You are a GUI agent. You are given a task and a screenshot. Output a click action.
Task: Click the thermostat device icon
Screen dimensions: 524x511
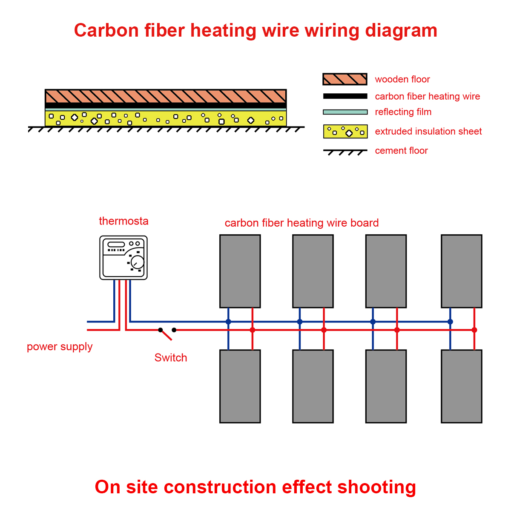click(x=123, y=258)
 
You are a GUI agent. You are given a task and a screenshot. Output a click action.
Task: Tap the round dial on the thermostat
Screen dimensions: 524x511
click(x=137, y=262)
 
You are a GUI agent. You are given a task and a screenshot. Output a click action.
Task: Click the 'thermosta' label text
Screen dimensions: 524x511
click(x=123, y=221)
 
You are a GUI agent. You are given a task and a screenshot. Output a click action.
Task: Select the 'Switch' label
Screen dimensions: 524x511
click(x=170, y=358)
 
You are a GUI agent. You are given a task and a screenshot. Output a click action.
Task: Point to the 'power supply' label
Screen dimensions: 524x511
click(x=60, y=347)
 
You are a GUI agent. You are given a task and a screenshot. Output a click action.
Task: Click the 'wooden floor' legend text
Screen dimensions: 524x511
click(x=402, y=79)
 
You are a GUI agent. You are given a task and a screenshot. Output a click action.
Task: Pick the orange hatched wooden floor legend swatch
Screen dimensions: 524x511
click(x=345, y=79)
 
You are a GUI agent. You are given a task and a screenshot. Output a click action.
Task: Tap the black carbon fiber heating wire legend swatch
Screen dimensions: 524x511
click(x=345, y=96)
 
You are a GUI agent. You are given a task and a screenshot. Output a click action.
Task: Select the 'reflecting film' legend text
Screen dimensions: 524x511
click(x=403, y=112)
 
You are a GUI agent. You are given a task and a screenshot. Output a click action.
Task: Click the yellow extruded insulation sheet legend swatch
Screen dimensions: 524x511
click(x=345, y=132)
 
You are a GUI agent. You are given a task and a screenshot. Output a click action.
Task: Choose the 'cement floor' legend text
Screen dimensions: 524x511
click(x=401, y=151)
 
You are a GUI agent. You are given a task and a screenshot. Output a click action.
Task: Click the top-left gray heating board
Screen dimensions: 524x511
click(x=240, y=271)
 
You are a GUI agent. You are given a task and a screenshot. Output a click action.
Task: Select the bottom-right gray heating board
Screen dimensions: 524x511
click(x=461, y=386)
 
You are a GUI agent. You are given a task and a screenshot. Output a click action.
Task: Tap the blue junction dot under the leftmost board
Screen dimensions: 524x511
click(x=228, y=322)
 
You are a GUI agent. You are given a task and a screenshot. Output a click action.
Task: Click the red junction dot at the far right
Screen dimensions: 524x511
click(x=474, y=330)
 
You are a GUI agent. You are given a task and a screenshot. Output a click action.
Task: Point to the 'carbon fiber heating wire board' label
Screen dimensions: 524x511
click(x=301, y=223)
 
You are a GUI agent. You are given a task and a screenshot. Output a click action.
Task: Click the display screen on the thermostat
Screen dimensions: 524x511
click(x=116, y=245)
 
